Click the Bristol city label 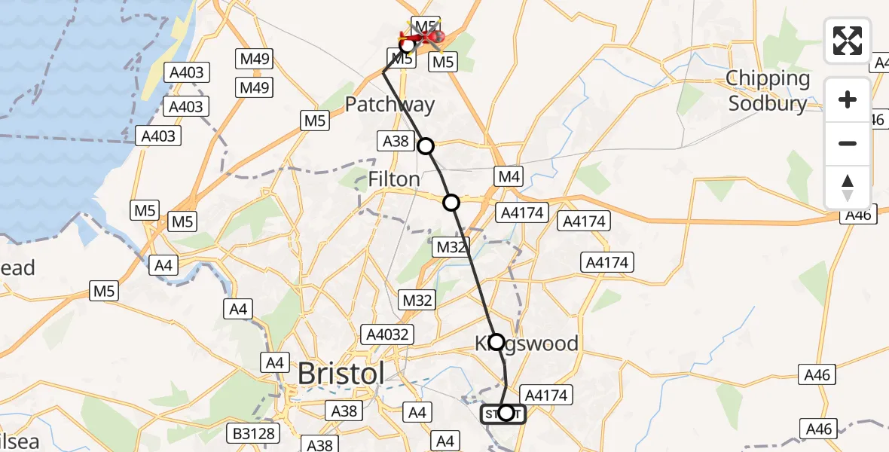click(x=341, y=374)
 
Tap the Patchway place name click(x=390, y=105)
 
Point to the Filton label click(x=394, y=179)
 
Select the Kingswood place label click(x=527, y=344)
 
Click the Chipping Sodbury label click(x=767, y=90)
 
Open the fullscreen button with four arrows click(x=848, y=41)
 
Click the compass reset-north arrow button click(x=848, y=188)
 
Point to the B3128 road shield click(x=254, y=433)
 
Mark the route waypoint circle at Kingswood click(x=496, y=342)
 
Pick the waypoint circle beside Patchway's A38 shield click(x=426, y=146)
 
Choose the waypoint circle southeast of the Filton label click(x=451, y=202)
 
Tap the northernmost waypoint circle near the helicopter click(x=408, y=46)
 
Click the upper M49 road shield click(x=255, y=59)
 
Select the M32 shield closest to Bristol click(x=417, y=301)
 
